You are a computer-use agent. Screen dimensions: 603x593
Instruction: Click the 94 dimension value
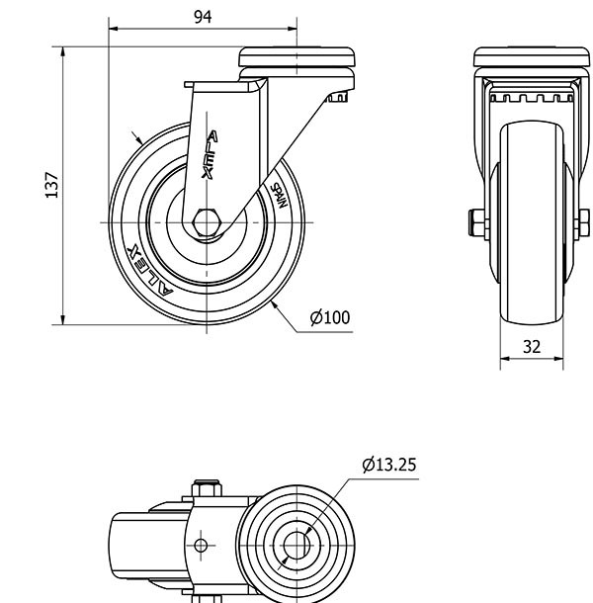pos(202,17)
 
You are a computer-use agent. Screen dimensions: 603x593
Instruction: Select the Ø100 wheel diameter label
pos(330,317)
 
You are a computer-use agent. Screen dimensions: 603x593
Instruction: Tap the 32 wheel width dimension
pos(532,347)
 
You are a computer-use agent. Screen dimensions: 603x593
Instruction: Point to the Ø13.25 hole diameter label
pos(391,464)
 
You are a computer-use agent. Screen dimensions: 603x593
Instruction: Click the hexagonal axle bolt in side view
pos(208,222)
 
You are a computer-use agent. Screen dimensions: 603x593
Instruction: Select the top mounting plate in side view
pos(297,57)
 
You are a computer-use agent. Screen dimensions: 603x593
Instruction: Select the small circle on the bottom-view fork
pos(202,545)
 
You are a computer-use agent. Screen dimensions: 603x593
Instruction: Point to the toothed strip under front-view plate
pos(532,98)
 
